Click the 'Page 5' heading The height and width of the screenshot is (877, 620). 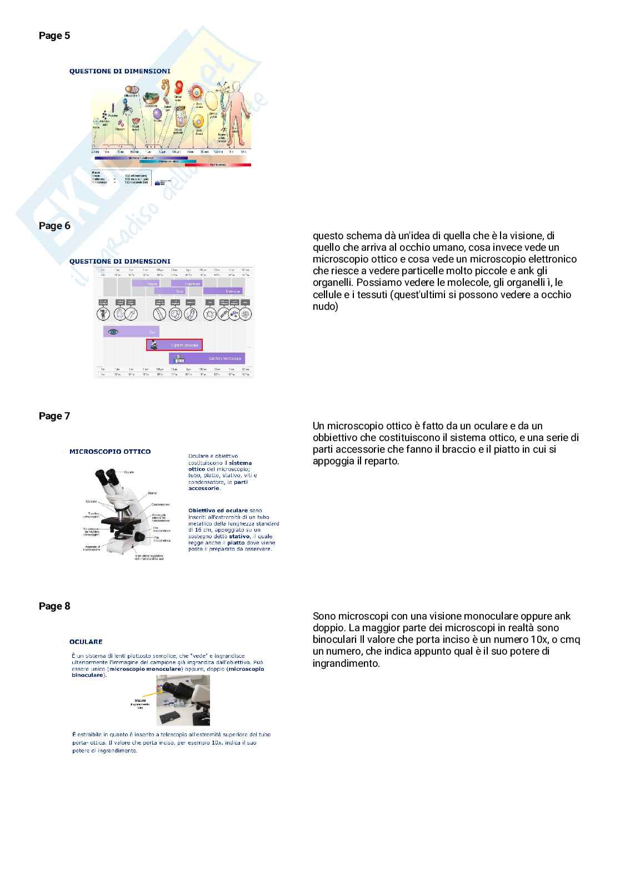pyautogui.click(x=54, y=36)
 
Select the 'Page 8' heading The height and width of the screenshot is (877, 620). pyautogui.click(x=54, y=606)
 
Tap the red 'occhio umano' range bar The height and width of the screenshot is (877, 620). pyautogui.click(x=218, y=165)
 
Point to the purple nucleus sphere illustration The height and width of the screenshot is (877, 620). pyautogui.click(x=157, y=113)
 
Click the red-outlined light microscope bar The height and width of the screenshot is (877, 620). pyautogui.click(x=174, y=345)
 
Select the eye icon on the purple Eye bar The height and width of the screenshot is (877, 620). pyautogui.click(x=113, y=331)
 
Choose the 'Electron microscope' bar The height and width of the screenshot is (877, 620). pyautogui.click(x=207, y=359)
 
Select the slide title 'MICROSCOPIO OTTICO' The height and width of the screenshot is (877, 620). pyautogui.click(x=110, y=452)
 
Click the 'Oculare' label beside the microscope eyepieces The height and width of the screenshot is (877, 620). pyautogui.click(x=129, y=473)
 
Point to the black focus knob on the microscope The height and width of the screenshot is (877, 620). pyautogui.click(x=140, y=537)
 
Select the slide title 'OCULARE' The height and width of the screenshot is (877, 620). pyautogui.click(x=86, y=642)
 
